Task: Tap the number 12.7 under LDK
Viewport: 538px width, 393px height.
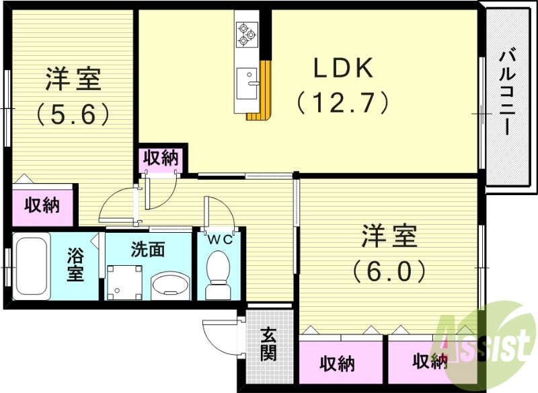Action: tap(342, 103)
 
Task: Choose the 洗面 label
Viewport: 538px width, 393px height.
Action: tap(147, 250)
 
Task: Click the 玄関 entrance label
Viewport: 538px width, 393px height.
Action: tap(269, 343)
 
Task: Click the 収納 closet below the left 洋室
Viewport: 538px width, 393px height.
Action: tap(42, 205)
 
